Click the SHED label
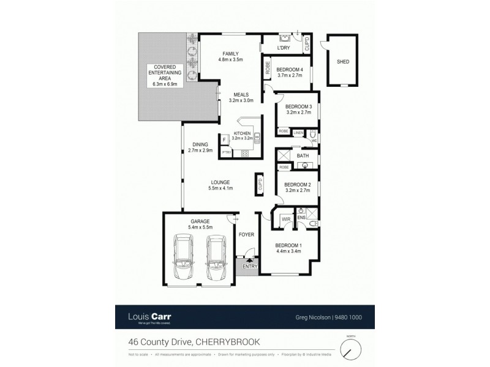coord(342,62)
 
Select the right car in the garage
coord(216,256)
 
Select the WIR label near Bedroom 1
coord(286,219)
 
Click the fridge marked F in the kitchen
coord(225,140)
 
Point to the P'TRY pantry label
coord(226,152)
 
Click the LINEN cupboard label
coord(298,132)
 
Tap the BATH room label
coord(303,156)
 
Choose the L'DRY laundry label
coord(283,48)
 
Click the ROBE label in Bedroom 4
coord(267,69)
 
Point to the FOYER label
coord(246,233)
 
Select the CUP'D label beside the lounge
coord(260,183)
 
